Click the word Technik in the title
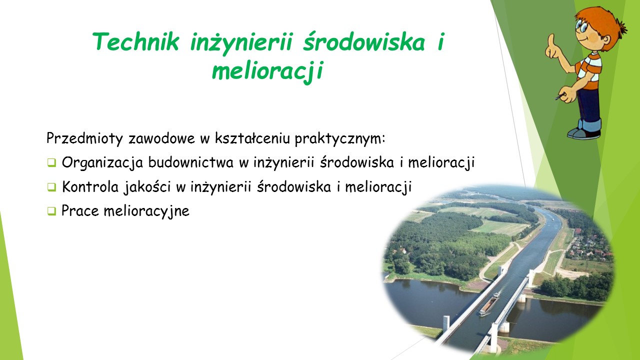(x=136, y=41)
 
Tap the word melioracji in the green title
(x=267, y=71)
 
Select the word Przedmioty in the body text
(x=84, y=138)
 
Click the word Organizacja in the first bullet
(x=102, y=163)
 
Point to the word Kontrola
(x=90, y=187)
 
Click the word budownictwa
(x=191, y=162)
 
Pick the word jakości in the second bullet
(x=147, y=187)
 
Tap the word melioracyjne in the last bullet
(x=146, y=211)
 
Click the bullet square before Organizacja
(x=51, y=163)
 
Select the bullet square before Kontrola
(x=51, y=187)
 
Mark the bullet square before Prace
(x=51, y=211)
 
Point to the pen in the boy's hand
(x=560, y=96)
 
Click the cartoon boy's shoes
(x=584, y=133)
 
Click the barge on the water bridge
(x=489, y=304)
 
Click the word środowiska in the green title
(x=364, y=41)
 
